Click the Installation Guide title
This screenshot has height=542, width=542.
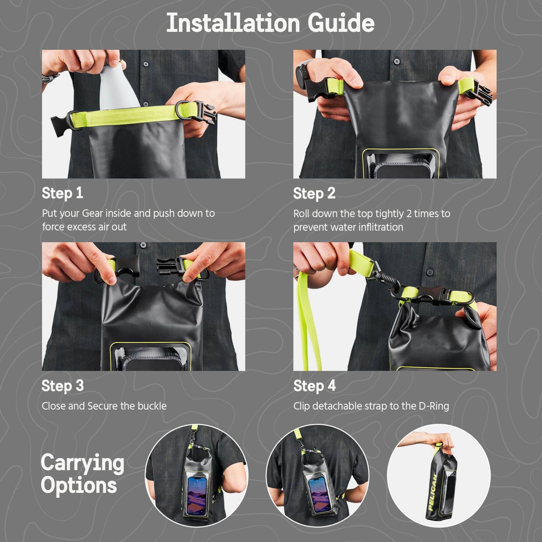[x=270, y=23]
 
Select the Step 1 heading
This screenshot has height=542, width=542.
[x=62, y=193]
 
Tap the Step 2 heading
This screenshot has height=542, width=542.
[x=314, y=194]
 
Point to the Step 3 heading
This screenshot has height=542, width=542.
[x=62, y=386]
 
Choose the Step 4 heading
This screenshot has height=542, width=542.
[x=314, y=386]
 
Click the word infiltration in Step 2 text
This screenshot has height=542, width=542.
[x=381, y=227]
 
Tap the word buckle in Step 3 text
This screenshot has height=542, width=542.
[x=152, y=406]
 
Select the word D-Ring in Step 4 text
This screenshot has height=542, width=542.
[x=434, y=406]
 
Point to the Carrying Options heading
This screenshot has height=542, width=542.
[x=82, y=474]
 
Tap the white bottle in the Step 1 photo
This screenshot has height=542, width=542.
[x=117, y=89]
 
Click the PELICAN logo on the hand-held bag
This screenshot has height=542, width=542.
[x=433, y=492]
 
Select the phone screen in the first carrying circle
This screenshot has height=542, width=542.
[x=197, y=495]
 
